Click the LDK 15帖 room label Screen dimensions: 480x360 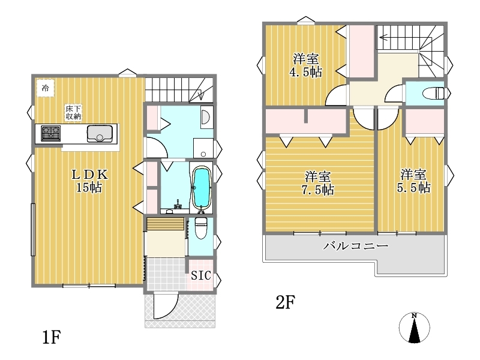pyautogui.click(x=89, y=181)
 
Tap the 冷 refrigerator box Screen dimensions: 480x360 pyautogui.click(x=46, y=88)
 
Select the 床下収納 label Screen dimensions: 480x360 pyautogui.click(x=73, y=112)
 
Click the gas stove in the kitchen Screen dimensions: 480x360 pyautogui.click(x=51, y=133)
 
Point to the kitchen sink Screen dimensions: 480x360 pyautogui.click(x=100, y=133)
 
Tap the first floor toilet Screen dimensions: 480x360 pyautogui.click(x=201, y=228)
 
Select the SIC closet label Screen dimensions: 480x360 pyautogui.click(x=201, y=275)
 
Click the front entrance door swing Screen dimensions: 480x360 pyautogui.click(x=166, y=306)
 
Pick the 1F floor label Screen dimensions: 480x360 pyautogui.click(x=52, y=337)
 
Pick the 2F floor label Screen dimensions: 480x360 pyautogui.click(x=285, y=302)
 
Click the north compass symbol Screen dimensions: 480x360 pyautogui.click(x=414, y=328)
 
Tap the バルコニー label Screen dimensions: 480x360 pyautogui.click(x=356, y=245)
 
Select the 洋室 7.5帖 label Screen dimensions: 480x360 pyautogui.click(x=318, y=184)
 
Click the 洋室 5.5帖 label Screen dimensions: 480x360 pyautogui.click(x=413, y=181)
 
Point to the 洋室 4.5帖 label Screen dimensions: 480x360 pyautogui.click(x=305, y=65)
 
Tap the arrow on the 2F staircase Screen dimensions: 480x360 pyautogui.click(x=398, y=38)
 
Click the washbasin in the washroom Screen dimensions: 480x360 pyautogui.click(x=205, y=116)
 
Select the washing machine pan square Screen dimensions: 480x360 pyautogui.click(x=203, y=148)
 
